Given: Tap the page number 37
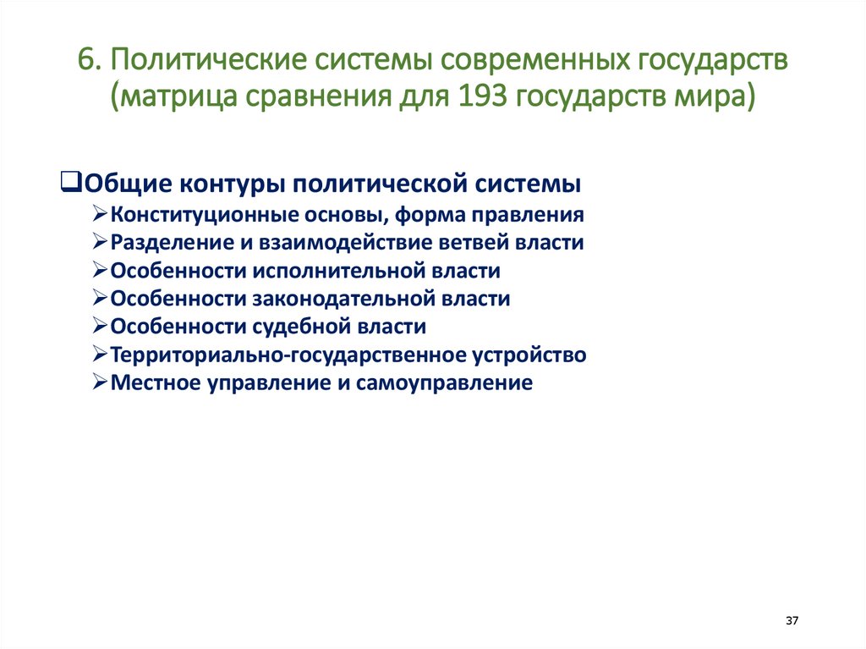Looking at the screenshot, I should coord(792,621).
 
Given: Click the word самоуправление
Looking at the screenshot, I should coord(449,382).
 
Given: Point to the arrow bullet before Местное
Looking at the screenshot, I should coord(99,382).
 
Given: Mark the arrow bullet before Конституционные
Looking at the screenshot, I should coord(99,215).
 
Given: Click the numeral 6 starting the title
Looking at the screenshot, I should coord(85,62).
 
